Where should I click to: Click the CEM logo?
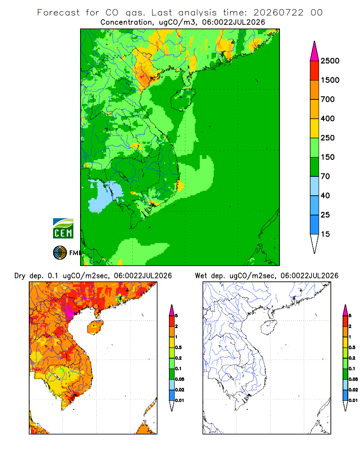(x=63, y=229)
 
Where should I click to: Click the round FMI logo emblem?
(x=60, y=253)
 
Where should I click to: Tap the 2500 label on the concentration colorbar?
(x=330, y=61)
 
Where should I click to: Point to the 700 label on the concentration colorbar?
(x=328, y=99)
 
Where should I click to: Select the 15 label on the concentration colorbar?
(x=325, y=234)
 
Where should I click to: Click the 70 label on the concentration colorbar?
(x=325, y=176)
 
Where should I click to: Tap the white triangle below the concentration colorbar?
(x=315, y=243)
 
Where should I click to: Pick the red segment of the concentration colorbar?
(x=315, y=71)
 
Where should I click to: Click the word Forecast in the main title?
(x=58, y=13)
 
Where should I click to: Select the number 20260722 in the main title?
(x=278, y=13)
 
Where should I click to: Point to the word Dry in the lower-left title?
(x=20, y=276)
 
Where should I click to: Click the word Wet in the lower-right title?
(x=201, y=276)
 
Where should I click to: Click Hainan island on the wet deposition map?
(x=269, y=328)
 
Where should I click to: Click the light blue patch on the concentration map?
(x=105, y=196)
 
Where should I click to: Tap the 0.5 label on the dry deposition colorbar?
(x=178, y=347)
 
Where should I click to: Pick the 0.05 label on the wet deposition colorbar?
(x=353, y=379)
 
